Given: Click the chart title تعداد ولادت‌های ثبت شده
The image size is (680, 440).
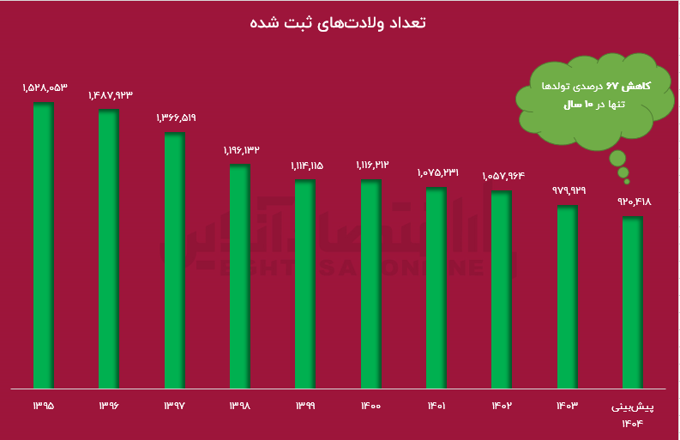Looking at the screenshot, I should pyautogui.click(x=340, y=22).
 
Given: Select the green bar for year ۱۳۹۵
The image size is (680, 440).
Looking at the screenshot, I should pyautogui.click(x=44, y=244).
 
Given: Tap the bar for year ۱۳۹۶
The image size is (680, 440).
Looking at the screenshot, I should pyautogui.click(x=109, y=249).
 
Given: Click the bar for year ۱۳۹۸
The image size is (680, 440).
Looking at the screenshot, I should pyautogui.click(x=239, y=275).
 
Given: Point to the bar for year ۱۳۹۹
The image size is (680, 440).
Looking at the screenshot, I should pyautogui.click(x=305, y=283).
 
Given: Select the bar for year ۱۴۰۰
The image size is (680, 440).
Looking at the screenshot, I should pyautogui.click(x=370, y=283).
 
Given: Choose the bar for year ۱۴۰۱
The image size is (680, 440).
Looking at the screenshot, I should pyautogui.click(x=436, y=286).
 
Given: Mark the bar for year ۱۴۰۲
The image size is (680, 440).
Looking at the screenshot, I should pyautogui.click(x=502, y=288).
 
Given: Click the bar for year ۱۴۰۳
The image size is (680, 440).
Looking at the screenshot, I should pyautogui.click(x=567, y=296).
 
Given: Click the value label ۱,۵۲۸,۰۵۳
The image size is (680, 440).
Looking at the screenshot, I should pyautogui.click(x=45, y=87).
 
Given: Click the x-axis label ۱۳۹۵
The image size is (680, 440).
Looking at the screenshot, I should pyautogui.click(x=44, y=405).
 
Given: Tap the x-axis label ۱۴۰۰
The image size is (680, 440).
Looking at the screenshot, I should pyautogui.click(x=370, y=405).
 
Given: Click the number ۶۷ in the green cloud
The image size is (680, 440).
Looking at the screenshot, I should pyautogui.click(x=611, y=87).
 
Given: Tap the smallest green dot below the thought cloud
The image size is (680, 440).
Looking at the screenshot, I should pyautogui.click(x=627, y=182).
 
